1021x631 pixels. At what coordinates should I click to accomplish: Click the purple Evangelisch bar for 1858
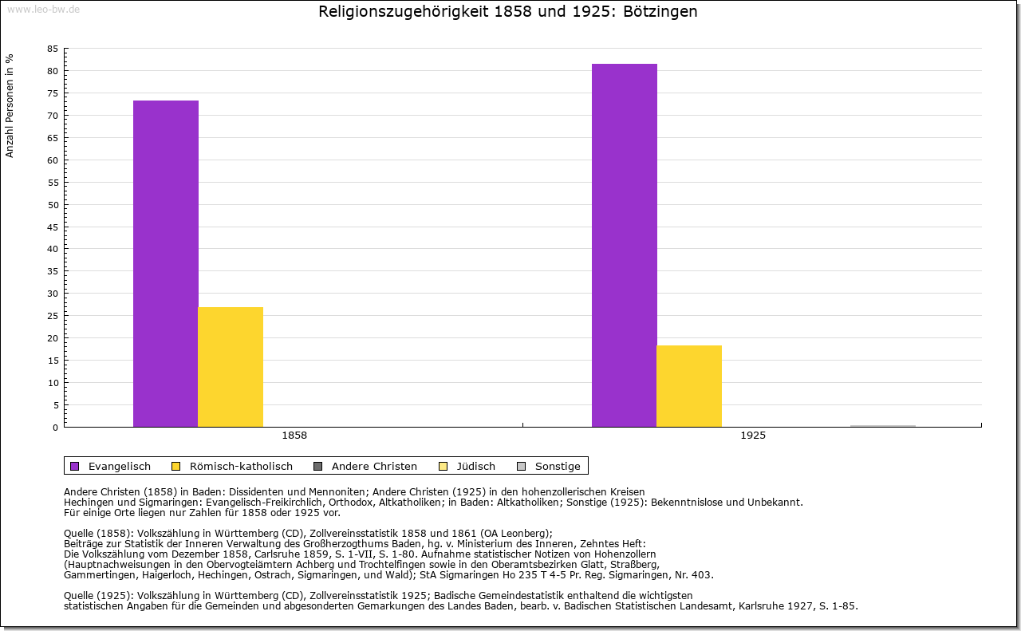[x=166, y=263]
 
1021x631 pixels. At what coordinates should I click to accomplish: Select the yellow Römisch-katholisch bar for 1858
[x=231, y=367]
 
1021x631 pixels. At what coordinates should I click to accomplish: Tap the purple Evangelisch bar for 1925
[x=625, y=245]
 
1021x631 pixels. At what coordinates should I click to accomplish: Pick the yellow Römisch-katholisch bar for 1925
[x=689, y=386]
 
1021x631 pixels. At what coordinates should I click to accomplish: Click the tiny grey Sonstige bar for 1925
[x=882, y=426]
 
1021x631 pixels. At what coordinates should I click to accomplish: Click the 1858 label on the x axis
[x=294, y=436]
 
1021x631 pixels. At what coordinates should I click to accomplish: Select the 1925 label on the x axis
[x=753, y=436]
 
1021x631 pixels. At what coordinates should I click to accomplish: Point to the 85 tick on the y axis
[x=53, y=49]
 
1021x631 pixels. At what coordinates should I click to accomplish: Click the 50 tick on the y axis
[x=53, y=204]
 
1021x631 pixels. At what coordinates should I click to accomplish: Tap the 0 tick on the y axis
[x=55, y=427]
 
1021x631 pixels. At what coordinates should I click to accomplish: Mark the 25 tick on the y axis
[x=53, y=316]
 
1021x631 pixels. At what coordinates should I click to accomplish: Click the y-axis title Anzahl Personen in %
[x=10, y=105]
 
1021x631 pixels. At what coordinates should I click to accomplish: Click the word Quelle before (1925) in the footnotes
[x=81, y=595]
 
